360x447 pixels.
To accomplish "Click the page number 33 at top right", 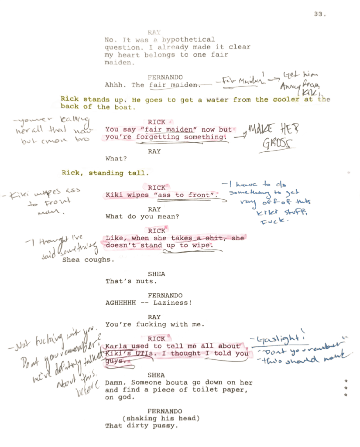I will pyautogui.click(x=319, y=14).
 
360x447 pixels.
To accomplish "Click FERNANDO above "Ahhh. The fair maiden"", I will pyautogui.click(x=165, y=77).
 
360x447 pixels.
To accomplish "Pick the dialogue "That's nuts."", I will pyautogui.click(x=130, y=281).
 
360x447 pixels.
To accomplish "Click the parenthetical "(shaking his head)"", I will pyautogui.click(x=161, y=418).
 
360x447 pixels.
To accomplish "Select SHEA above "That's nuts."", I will pyautogui.click(x=156, y=274).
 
